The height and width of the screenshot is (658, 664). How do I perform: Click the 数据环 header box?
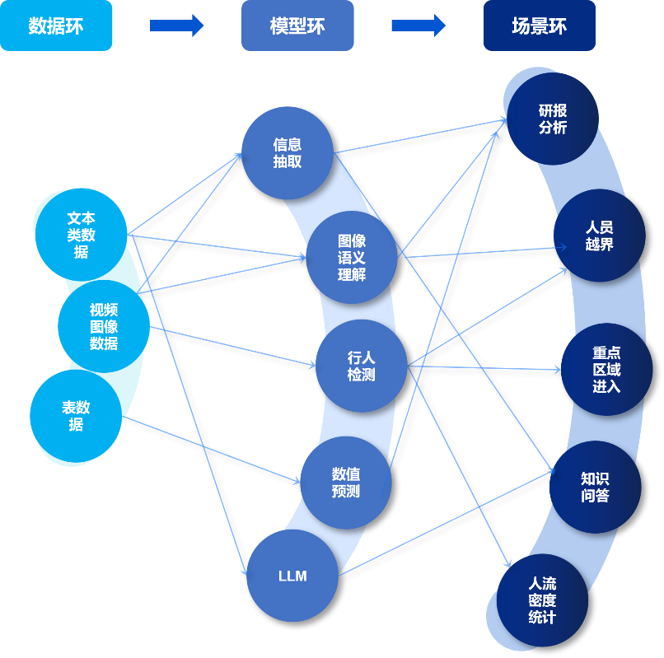tap(56, 26)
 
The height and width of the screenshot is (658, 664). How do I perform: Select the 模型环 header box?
tap(297, 26)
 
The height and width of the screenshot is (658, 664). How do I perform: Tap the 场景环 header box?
tap(539, 26)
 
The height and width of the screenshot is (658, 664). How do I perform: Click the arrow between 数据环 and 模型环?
tap(176, 26)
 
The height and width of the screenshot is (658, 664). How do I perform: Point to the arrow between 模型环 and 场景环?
tap(418, 26)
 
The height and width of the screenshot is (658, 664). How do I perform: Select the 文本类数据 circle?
tap(81, 235)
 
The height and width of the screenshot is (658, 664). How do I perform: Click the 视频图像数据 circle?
tap(104, 327)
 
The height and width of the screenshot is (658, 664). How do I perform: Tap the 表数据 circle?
tap(76, 416)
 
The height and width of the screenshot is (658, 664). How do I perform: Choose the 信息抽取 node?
tap(288, 153)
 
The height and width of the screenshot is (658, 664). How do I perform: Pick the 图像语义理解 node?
tap(352, 257)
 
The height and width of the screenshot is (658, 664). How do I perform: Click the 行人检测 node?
tap(361, 366)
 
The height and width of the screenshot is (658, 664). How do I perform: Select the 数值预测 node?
tap(345, 483)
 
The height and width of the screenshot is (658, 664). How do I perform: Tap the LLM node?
tap(292, 576)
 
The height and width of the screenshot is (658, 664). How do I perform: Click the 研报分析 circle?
tap(553, 119)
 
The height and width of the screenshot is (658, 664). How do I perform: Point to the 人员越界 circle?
tap(599, 236)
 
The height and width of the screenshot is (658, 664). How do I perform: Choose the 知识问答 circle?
tap(594, 486)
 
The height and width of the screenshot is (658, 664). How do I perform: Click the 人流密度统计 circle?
tap(541, 600)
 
